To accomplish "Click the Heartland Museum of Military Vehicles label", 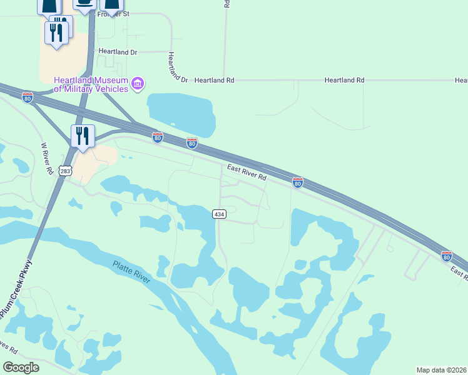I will [x=91, y=84].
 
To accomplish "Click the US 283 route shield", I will [x=65, y=171].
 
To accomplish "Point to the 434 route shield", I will [x=219, y=214].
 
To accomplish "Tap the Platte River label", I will [x=131, y=273].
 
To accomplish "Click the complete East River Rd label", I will [x=247, y=173].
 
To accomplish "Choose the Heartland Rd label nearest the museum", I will [x=214, y=81].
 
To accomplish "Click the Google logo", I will [x=21, y=367].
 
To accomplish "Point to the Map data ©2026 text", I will [x=442, y=369].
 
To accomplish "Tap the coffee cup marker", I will [x=84, y=3].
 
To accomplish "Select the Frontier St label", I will [x=112, y=14].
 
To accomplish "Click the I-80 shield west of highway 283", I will [x=27, y=97].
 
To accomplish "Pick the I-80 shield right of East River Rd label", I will [x=298, y=182].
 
